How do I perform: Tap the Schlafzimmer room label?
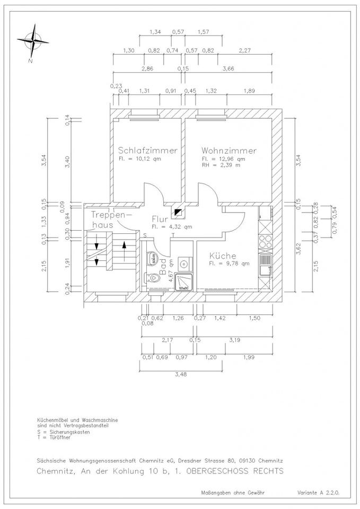click(147, 151)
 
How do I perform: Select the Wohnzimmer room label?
click(229, 151)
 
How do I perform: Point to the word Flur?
click(160, 218)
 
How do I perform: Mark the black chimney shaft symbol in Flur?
click(178, 213)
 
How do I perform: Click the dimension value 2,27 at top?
click(244, 50)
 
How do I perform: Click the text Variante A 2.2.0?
click(317, 492)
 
